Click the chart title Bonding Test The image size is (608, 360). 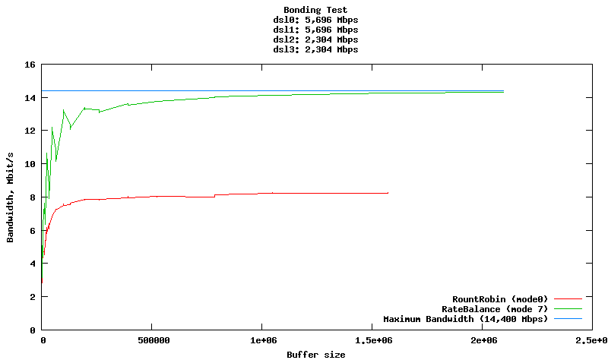pos(315,10)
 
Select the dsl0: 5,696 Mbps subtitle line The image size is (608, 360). pos(315,20)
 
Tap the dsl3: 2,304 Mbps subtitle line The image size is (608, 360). pos(315,49)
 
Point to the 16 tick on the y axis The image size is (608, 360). pos(31,65)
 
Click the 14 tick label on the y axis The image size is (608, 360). pos(31,98)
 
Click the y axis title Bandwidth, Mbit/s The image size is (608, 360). pos(10,197)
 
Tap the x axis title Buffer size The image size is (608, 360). pos(315,355)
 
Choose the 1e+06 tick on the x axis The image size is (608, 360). pos(261,341)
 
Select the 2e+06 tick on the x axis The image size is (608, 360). pos(481,341)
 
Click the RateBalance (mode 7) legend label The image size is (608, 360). pos(495,309)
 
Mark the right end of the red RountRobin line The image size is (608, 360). pos(388,193)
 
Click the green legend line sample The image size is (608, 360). pos(568,309)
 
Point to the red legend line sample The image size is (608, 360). pos(568,298)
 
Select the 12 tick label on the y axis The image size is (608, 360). pos(31,131)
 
